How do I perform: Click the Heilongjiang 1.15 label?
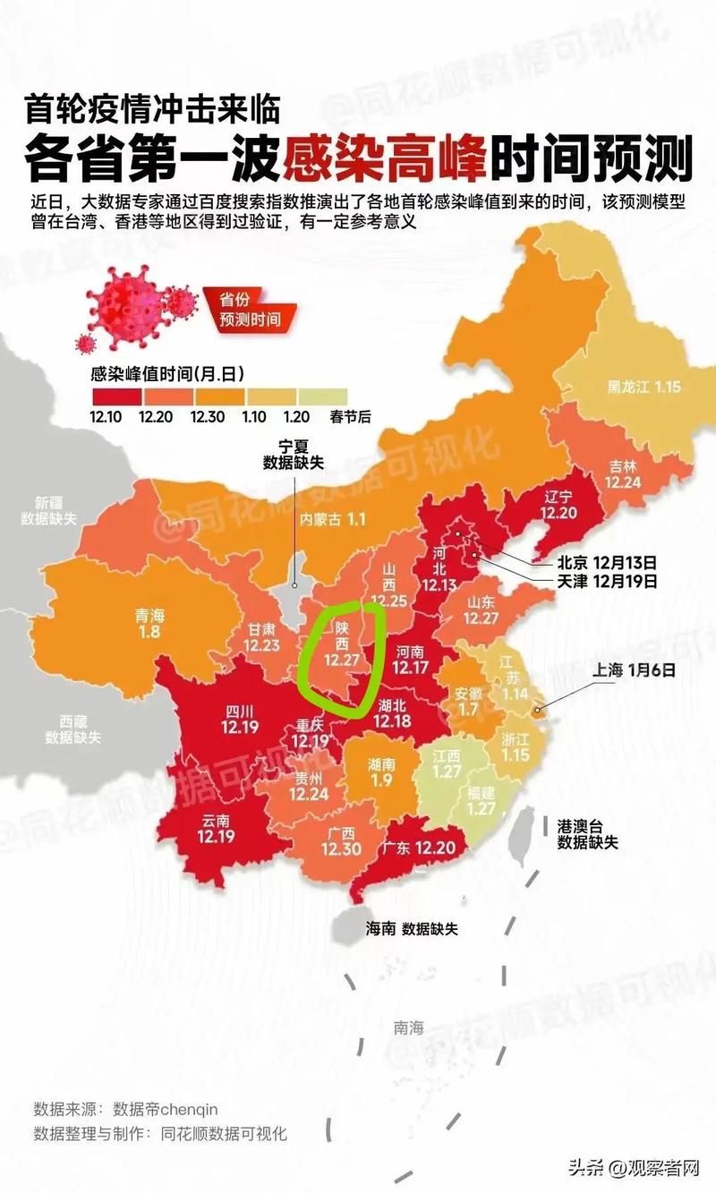(x=644, y=388)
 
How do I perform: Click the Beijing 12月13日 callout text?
(x=607, y=563)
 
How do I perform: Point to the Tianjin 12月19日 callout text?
(x=607, y=581)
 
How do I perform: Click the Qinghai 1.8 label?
(x=149, y=624)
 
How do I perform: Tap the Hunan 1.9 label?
(x=381, y=772)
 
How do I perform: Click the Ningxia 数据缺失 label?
(x=293, y=453)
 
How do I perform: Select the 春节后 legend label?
(x=324, y=416)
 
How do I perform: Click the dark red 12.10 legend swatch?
(x=114, y=396)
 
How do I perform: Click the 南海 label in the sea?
(x=408, y=1028)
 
